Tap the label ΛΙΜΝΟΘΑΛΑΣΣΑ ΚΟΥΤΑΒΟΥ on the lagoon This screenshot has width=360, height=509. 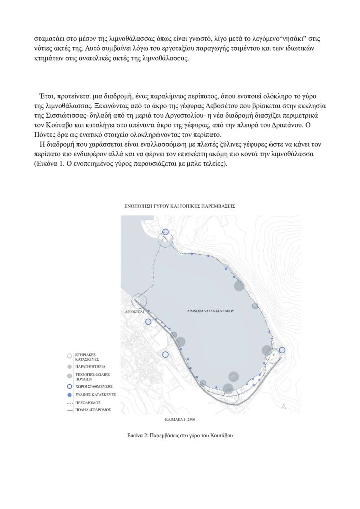(210, 310)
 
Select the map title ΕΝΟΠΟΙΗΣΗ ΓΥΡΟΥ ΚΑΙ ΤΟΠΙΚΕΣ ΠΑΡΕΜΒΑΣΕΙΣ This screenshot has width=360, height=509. (180, 205)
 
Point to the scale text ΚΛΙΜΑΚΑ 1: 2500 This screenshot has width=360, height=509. (180, 419)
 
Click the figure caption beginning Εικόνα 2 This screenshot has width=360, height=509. (180, 435)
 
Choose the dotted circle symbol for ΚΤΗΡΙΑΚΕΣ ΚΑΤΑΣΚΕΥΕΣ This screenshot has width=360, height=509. (69, 356)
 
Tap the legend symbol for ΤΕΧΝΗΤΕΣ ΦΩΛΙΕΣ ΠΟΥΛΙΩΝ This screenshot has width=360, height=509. (69, 375)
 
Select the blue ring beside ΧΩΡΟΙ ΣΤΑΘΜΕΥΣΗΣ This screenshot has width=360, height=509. (69, 385)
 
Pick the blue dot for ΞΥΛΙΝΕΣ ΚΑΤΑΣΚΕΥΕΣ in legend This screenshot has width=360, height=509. (69, 394)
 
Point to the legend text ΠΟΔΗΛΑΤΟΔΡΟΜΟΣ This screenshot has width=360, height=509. (93, 410)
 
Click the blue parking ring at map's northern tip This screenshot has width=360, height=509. (166, 232)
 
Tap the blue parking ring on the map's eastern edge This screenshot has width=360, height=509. (282, 350)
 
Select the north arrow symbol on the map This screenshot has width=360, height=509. (284, 407)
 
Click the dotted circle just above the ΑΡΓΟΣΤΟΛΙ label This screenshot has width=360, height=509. (139, 300)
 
